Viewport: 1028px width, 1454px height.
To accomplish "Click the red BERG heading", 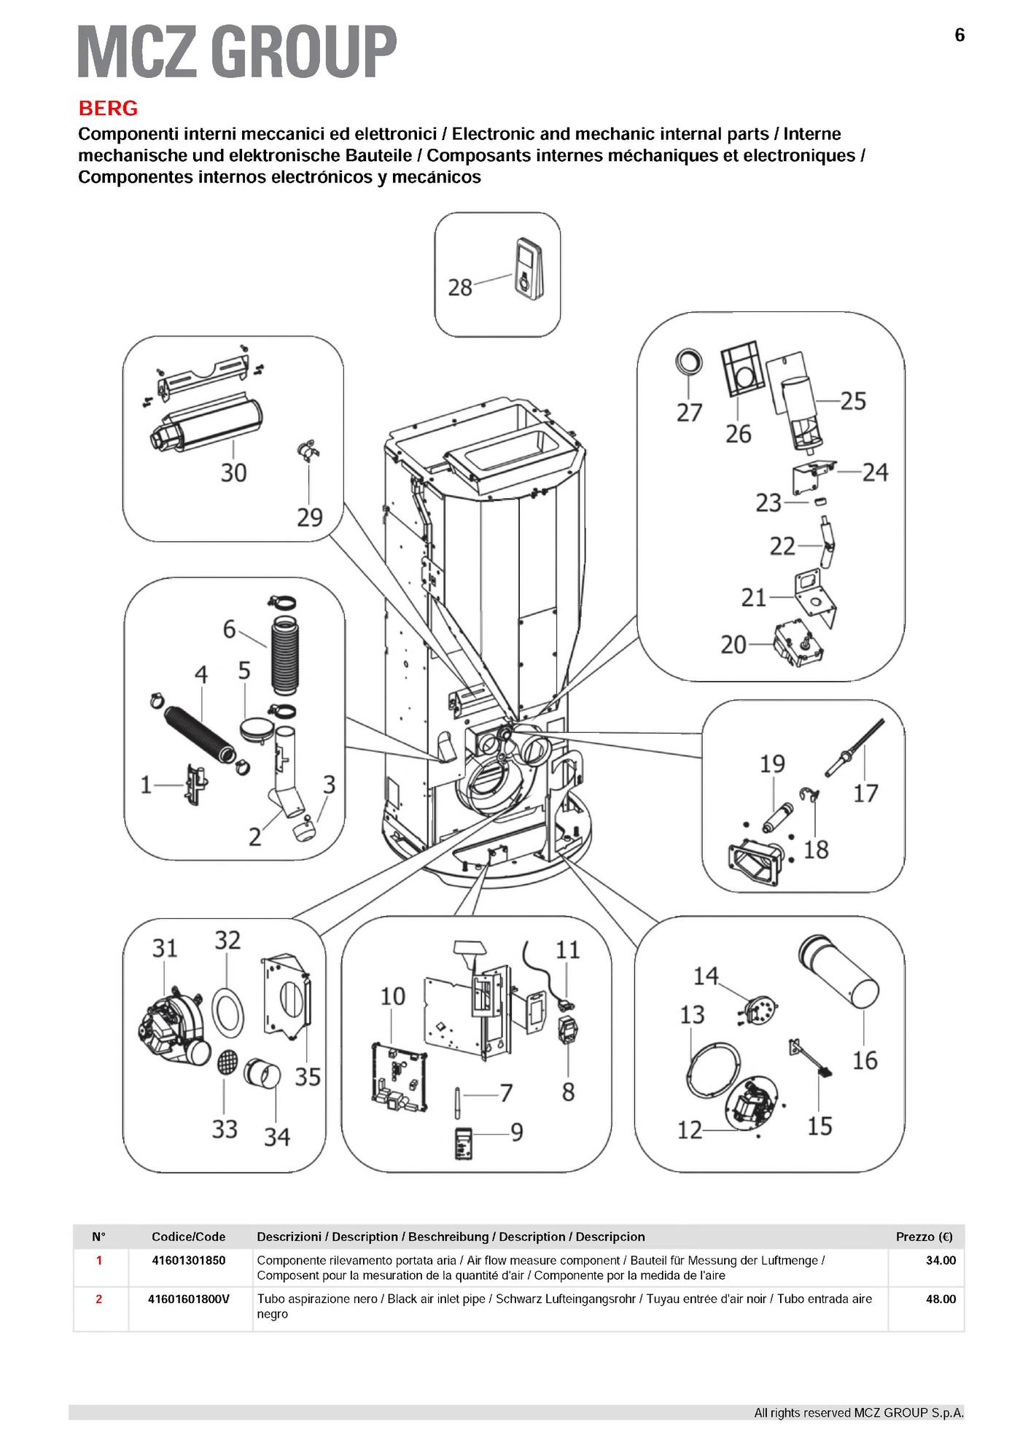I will [x=108, y=109].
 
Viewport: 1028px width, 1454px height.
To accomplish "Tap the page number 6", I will [x=959, y=35].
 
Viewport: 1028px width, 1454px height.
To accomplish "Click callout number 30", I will [x=233, y=473].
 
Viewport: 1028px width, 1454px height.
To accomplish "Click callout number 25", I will [x=853, y=400].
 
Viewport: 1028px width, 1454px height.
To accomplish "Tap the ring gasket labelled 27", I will [x=688, y=362].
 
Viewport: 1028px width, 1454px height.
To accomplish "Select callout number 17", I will [x=865, y=793].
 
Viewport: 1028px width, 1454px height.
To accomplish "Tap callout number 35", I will [x=308, y=1076].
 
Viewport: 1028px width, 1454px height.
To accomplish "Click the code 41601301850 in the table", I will [x=189, y=1260].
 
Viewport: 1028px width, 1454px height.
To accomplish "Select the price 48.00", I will [x=941, y=1299].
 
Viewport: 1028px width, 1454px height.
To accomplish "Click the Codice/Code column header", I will [x=189, y=1237].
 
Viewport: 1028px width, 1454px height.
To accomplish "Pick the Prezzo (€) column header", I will [x=924, y=1237].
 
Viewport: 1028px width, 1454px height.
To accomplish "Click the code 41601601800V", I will [x=189, y=1299].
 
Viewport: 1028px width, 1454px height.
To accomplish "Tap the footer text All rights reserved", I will [x=858, y=1412].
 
